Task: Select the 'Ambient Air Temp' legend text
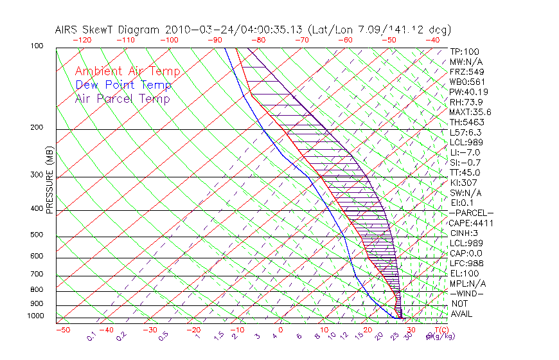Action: pos(127,71)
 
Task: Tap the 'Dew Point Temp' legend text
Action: pos(123,85)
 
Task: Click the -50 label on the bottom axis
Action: pos(62,330)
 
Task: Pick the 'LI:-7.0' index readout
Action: pos(464,152)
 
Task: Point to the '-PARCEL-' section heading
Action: pos(471,213)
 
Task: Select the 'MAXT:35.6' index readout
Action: pos(469,112)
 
